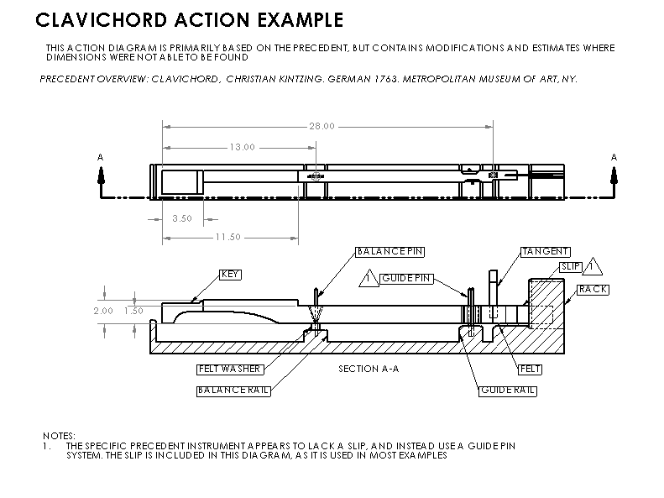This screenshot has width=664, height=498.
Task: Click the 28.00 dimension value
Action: point(322,126)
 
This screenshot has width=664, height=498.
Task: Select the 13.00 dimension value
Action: point(242,147)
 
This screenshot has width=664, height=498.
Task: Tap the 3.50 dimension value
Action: point(182,218)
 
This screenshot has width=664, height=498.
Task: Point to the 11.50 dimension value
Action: point(227,237)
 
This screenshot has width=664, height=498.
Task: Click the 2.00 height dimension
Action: point(102,310)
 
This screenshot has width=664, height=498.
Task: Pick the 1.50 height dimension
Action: point(133,310)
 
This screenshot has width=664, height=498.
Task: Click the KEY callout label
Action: point(229,274)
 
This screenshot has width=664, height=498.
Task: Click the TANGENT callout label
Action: point(546,251)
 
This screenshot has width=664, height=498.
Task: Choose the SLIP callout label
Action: point(570,267)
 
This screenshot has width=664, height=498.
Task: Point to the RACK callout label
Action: point(593,289)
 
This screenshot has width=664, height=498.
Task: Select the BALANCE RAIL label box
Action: point(233,391)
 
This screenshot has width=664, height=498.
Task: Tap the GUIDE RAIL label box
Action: point(508,391)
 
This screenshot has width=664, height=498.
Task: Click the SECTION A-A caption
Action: point(368,370)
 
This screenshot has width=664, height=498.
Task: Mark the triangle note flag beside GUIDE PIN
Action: point(368,278)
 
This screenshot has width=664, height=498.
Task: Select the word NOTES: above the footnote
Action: point(59,435)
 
